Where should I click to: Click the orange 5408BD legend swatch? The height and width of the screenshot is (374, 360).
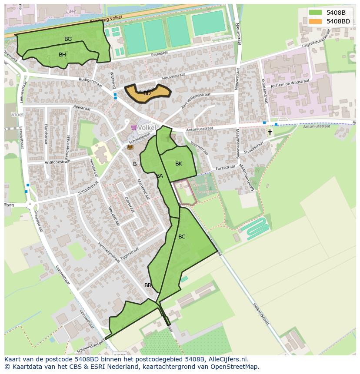click(316, 21)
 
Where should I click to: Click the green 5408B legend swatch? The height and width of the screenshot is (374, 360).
click(316, 13)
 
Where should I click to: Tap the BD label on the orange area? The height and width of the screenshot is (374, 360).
click(147, 93)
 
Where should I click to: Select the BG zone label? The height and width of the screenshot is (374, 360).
click(68, 39)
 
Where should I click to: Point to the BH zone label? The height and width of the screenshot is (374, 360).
click(62, 55)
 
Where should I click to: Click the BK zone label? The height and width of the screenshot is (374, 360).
click(179, 164)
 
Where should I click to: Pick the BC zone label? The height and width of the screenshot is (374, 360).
click(182, 237)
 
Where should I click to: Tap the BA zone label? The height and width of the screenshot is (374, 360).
click(160, 176)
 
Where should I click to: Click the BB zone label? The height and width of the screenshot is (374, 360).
click(148, 285)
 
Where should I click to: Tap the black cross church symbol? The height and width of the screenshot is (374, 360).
click(270, 132)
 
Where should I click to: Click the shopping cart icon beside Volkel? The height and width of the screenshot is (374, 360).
click(133, 128)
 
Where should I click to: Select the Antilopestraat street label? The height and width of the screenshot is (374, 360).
click(57, 162)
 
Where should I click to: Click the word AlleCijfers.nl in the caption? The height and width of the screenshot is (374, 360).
click(227, 359)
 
